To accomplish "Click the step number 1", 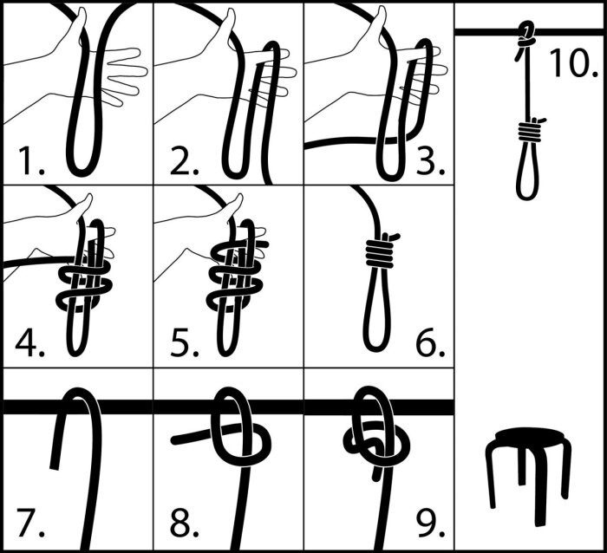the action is coord(31,160).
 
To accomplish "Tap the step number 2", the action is coord(184,160).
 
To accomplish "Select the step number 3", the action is coord(430,160).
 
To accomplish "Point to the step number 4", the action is coord(30,342).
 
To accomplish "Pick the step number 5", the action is coord(184,342).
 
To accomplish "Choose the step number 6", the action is coord(430,342).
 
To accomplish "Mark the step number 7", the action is coord(31,524).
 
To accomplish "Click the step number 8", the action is coord(184,524).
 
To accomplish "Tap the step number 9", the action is coord(430,524).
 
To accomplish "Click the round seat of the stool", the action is coord(528,438).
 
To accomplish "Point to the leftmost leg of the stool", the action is coord(490,476).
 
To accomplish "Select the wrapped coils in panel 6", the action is coord(380,253).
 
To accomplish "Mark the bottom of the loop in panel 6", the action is coord(375,348).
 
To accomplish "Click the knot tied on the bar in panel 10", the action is coord(525,36).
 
